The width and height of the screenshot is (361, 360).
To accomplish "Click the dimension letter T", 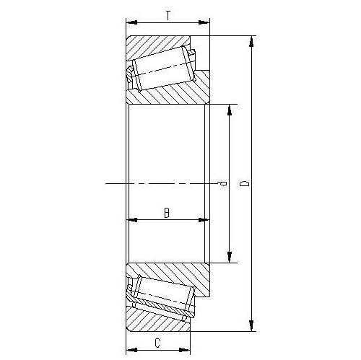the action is (168, 16).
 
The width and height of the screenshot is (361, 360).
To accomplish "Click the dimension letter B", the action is (167, 213).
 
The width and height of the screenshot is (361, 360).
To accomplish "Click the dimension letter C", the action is (157, 343).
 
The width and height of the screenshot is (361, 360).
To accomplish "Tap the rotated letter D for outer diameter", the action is (245, 184).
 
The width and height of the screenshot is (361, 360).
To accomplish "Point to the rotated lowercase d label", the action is (222, 184).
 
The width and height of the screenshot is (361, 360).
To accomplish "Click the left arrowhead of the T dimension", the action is (132, 22).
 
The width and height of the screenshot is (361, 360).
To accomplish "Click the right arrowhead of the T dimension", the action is (204, 22).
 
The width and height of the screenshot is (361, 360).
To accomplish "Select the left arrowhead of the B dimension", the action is (132, 220).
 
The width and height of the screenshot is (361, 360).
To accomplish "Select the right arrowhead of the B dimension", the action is (204, 220).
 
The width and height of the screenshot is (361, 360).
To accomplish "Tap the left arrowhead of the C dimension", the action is (132, 350).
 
